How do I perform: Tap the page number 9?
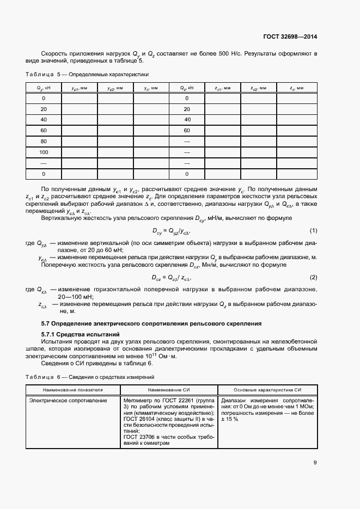click(315, 463)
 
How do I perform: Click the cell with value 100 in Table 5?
click(44, 152)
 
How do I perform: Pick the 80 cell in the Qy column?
click(44, 142)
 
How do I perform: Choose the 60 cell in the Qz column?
click(187, 131)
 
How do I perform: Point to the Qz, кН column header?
click(187, 88)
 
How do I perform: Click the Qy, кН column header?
click(44, 88)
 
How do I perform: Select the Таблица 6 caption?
click(90, 377)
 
